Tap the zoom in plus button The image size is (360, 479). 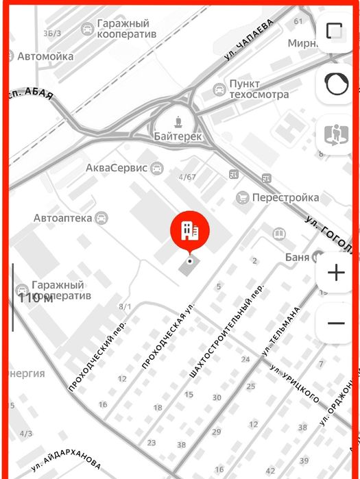point(336,273)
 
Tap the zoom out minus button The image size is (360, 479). point(336,322)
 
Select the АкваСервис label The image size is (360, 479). point(117,167)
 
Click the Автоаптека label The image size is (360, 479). point(62,218)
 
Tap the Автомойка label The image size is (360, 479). point(45,56)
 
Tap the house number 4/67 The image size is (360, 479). point(187,177)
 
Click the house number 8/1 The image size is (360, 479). point(125,306)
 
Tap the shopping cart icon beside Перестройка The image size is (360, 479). point(242,197)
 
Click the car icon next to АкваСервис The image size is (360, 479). point(157,167)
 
